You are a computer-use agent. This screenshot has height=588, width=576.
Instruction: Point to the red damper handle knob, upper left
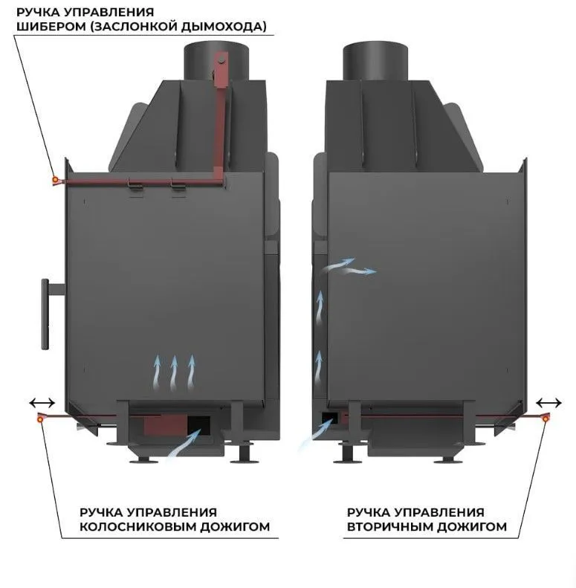pos(54,180)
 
